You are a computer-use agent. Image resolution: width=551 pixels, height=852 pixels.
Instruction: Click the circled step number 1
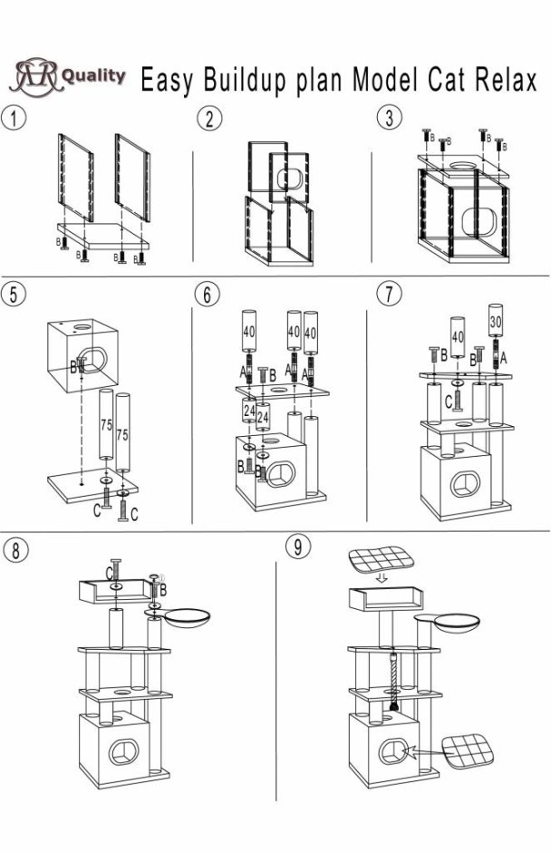(x=13, y=117)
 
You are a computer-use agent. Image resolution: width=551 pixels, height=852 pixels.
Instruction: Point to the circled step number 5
(x=13, y=294)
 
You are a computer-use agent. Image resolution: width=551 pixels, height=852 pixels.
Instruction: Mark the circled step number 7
(x=389, y=294)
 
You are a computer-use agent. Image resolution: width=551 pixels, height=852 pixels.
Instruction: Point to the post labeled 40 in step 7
(x=458, y=340)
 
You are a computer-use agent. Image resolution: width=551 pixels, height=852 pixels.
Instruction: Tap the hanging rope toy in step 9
(x=394, y=684)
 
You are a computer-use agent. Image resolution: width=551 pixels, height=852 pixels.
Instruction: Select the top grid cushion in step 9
(x=381, y=557)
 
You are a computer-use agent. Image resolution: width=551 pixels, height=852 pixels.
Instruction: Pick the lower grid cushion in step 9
(x=469, y=750)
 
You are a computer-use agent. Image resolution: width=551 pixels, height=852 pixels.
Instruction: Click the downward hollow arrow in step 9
(x=382, y=578)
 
